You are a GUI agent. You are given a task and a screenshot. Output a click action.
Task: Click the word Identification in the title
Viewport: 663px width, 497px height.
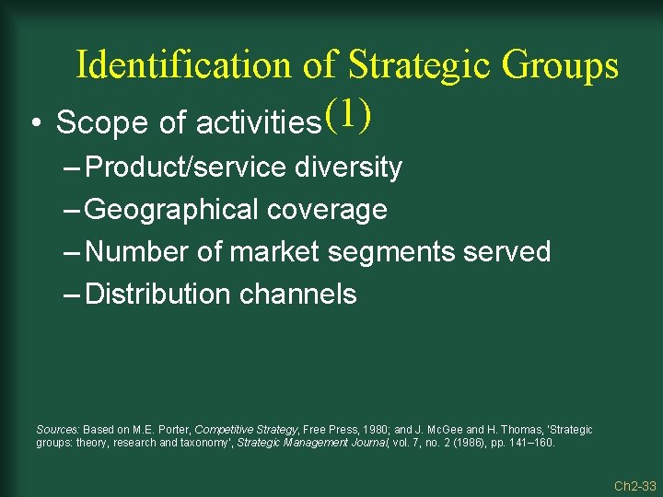182,65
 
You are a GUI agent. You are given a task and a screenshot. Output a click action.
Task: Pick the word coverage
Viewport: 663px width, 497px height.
329,210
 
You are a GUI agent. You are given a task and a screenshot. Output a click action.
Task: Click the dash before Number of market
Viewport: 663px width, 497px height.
73,252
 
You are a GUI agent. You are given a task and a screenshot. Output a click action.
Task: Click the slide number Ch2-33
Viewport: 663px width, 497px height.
635,486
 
